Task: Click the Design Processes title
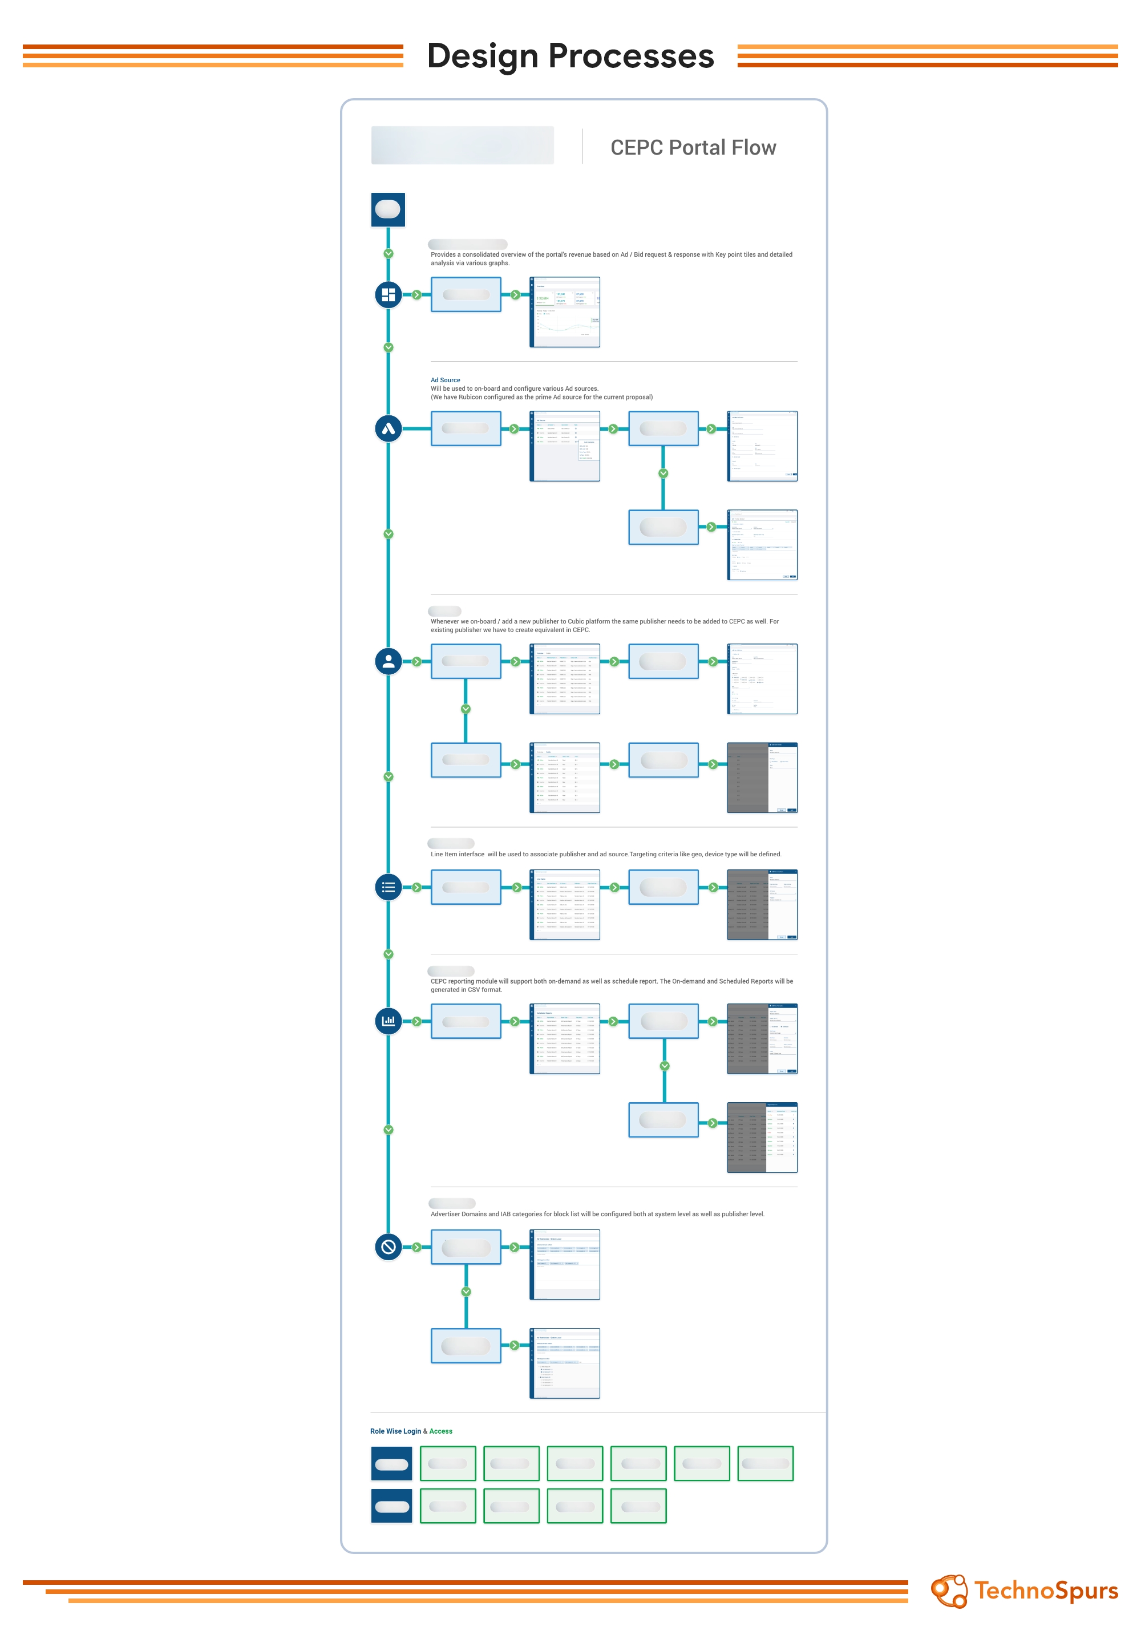(570, 56)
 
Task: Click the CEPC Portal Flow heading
(692, 147)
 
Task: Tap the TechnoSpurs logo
(1023, 1591)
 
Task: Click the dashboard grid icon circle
(388, 294)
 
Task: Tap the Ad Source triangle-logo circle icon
(388, 428)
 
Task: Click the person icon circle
(388, 661)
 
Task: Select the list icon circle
(388, 887)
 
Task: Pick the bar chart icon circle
(388, 1021)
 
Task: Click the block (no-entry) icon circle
(388, 1247)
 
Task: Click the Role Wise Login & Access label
(411, 1431)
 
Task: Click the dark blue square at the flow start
(388, 209)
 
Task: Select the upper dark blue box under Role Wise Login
(391, 1463)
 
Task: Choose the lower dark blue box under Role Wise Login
(391, 1507)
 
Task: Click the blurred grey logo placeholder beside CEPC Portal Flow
(462, 145)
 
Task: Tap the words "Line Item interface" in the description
(457, 855)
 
